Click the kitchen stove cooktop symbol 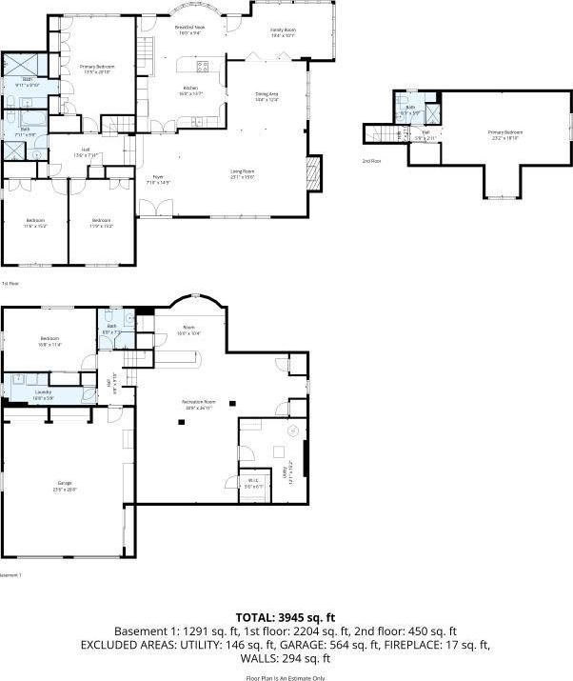[202, 66]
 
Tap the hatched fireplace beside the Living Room [313, 172]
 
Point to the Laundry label [43, 393]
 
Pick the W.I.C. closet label [252, 483]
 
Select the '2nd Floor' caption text [371, 161]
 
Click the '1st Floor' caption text [10, 283]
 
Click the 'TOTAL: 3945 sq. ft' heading [286, 617]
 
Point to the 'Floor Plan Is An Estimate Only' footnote [286, 676]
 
